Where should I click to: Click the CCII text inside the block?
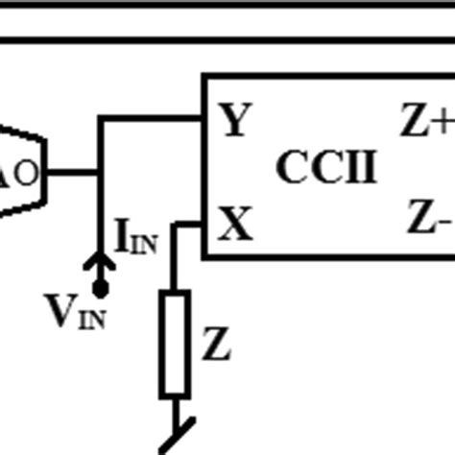coord(326,167)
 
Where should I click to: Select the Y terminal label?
coord(236,122)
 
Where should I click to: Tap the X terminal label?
coord(235,226)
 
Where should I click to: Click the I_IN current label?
coord(135,237)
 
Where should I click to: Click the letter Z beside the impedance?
coord(216,345)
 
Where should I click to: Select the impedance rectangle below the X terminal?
coord(174,345)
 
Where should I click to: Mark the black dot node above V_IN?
coord(99,287)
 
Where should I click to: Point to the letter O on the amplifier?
coord(27,174)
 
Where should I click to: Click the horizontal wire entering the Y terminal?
coord(154,119)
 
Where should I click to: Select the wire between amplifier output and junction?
coord(72,173)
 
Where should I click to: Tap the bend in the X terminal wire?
coord(175,226)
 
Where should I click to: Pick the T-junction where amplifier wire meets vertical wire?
coord(99,173)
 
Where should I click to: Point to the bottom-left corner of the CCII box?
coord(204,256)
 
